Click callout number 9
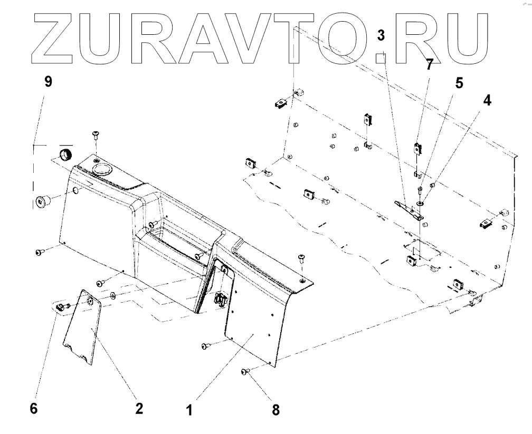[48, 83]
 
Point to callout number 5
[459, 83]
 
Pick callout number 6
[34, 409]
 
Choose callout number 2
[138, 409]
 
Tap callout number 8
[275, 409]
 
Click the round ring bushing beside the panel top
[65, 156]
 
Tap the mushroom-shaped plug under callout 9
[42, 200]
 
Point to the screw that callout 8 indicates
[245, 372]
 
